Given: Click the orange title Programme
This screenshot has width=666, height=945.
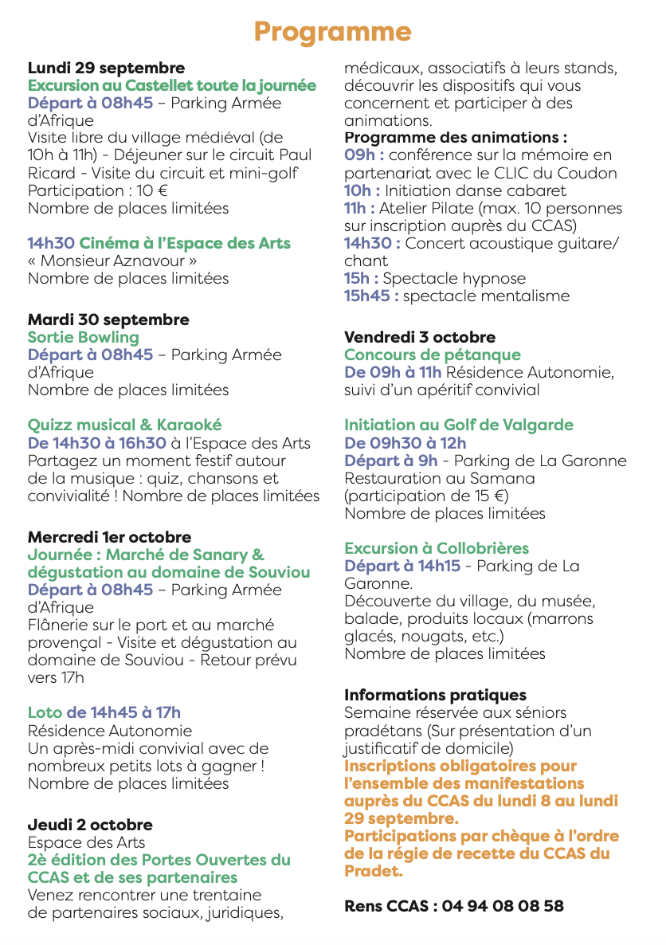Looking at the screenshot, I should point(332,32).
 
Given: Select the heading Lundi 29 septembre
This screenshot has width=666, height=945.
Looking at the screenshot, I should point(106,68).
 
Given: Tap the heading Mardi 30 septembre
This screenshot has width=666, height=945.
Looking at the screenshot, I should point(108,320).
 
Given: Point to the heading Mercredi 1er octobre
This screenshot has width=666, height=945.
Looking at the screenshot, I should point(109,537).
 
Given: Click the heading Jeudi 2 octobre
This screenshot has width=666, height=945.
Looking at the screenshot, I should point(90,825).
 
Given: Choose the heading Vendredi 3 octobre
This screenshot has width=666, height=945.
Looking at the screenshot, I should point(419,337).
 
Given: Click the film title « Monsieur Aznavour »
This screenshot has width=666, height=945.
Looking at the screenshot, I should point(112,261).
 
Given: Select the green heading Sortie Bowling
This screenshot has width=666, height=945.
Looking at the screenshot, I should point(83,337).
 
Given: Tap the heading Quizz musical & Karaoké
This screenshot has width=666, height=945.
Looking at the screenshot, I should point(124,425).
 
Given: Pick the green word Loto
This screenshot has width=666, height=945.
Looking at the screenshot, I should point(45,712).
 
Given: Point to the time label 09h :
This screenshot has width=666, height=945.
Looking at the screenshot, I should point(364,155).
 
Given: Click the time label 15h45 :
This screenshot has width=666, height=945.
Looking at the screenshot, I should point(371,296).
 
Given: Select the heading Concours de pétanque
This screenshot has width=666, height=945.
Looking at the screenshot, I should point(432,355).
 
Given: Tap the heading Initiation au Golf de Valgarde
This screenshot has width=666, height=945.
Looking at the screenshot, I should point(458,425).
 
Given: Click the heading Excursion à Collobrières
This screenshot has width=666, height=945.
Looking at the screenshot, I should point(436,548).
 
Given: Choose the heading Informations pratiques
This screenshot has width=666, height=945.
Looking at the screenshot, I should point(435,695).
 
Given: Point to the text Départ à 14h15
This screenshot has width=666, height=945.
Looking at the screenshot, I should point(402,566).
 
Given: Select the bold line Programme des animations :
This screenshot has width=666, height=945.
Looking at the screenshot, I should point(455,138).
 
